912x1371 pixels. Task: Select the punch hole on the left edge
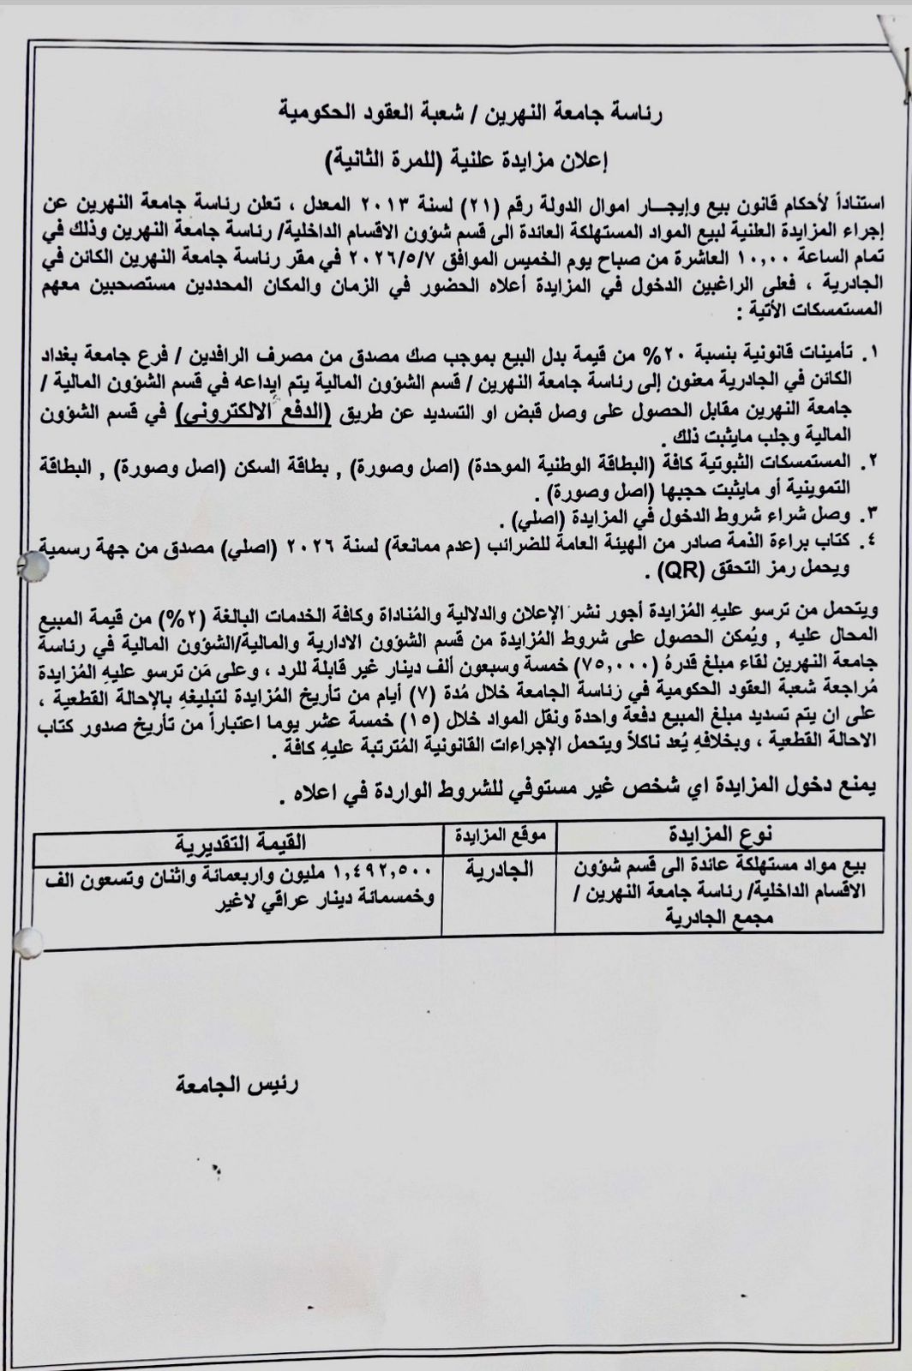31,566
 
